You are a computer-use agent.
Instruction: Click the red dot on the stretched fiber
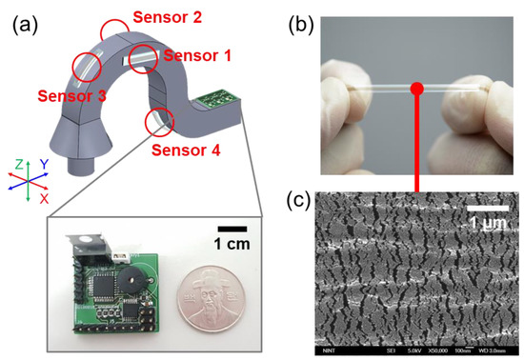416,90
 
